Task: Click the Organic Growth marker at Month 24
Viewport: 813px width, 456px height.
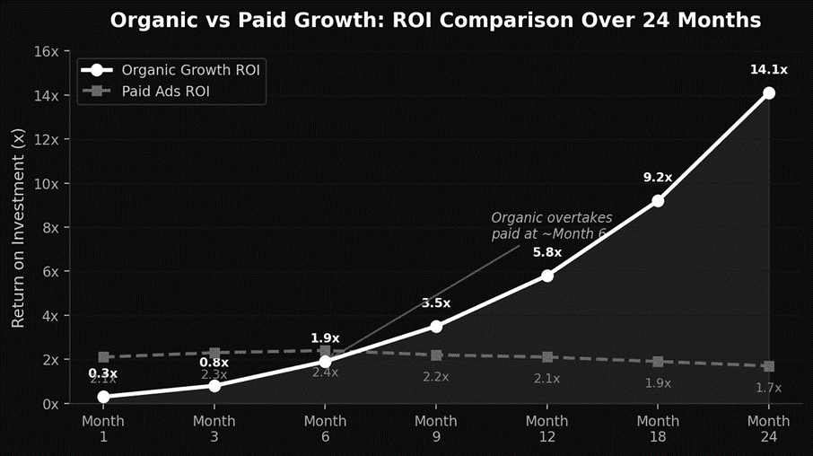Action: coord(769,93)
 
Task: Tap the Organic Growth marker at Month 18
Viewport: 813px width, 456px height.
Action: coord(658,201)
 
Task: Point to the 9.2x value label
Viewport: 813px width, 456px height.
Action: coord(658,178)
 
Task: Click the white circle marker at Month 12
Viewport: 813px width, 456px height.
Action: coord(547,276)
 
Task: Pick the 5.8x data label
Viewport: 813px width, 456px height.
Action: coord(547,252)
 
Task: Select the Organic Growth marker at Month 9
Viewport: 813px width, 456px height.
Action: coord(436,326)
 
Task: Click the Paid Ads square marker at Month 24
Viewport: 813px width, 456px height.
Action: coord(769,366)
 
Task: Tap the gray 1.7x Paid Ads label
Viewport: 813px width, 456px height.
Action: coord(769,388)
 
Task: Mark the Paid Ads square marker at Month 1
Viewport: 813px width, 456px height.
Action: coord(103,357)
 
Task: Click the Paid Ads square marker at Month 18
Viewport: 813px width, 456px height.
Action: coord(658,362)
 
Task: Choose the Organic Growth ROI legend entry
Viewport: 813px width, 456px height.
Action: coord(170,70)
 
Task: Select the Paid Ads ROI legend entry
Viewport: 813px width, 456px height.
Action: coord(158,91)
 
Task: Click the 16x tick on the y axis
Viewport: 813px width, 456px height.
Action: coord(45,51)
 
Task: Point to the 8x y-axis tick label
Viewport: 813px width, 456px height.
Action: coord(48,227)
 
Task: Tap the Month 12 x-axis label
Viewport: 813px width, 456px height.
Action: coord(547,428)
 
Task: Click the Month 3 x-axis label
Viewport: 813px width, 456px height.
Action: coord(214,428)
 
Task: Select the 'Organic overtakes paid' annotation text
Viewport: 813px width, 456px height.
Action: coord(550,225)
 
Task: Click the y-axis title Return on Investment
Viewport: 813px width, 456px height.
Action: coord(18,227)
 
